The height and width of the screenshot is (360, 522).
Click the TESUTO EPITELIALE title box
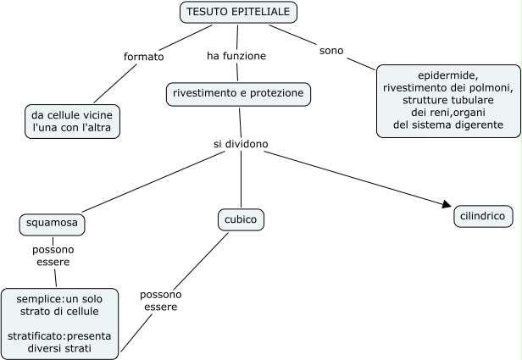238,13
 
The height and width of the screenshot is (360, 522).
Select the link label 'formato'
143,57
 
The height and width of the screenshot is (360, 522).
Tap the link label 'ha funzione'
236,56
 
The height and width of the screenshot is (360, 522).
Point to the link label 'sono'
331,50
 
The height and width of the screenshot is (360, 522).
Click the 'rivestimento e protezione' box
239,93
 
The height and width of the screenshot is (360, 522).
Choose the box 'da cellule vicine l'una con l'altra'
72,121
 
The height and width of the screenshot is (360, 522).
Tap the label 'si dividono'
241,144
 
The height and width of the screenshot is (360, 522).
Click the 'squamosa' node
53,224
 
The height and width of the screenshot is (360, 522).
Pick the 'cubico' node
241,220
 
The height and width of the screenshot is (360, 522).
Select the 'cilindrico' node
482,216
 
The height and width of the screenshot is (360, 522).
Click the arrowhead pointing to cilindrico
447,203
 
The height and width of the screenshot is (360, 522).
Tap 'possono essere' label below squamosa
53,256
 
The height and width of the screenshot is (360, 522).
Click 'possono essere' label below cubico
161,301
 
